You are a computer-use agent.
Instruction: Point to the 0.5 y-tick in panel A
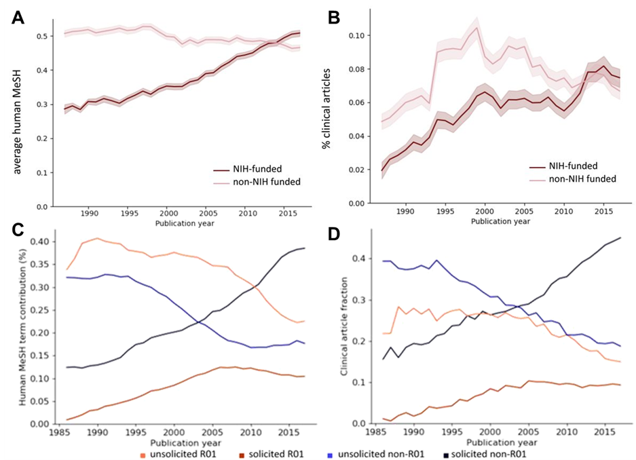[46, 36]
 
